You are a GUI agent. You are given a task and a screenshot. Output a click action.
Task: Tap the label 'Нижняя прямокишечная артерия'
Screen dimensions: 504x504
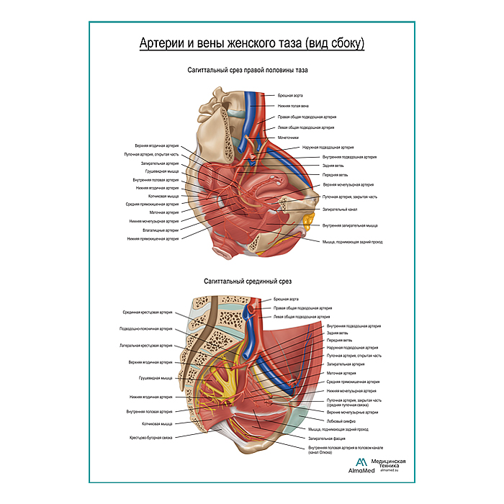pyautogui.click(x=153, y=238)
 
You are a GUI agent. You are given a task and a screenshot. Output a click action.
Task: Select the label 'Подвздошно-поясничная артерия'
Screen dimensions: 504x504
pyautogui.click(x=146, y=328)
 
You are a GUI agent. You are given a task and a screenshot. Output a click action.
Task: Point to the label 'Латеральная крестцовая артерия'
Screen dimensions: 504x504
pyautogui.click(x=146, y=346)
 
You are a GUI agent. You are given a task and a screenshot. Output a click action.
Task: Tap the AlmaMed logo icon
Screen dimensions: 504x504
pyautogui.click(x=361, y=462)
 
